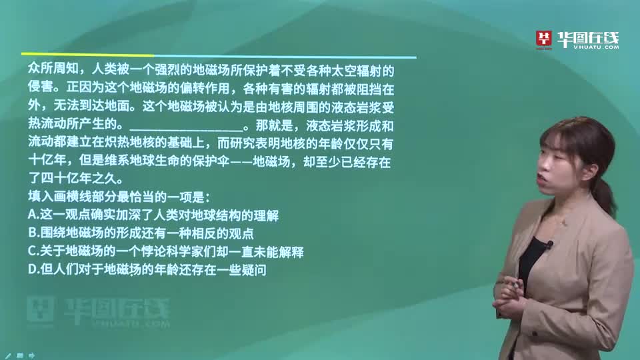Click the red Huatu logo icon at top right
tap(545, 39)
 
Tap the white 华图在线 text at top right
tap(587, 39)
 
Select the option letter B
tap(32, 233)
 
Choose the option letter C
tap(32, 252)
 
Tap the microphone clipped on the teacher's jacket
tap(548, 246)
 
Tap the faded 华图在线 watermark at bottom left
tap(100, 308)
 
